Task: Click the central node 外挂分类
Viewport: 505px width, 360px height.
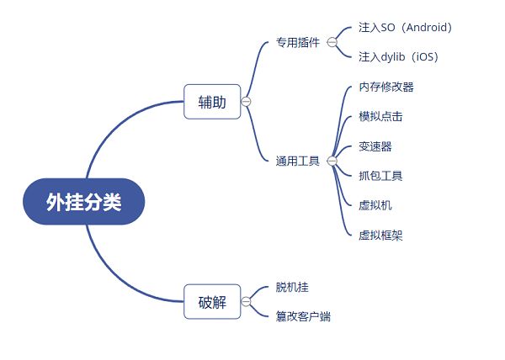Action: [83, 201]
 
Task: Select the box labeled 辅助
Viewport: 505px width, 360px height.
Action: [212, 102]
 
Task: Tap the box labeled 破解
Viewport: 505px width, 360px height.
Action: [212, 302]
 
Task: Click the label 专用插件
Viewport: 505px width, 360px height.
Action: [298, 42]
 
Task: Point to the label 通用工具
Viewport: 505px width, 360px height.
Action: [298, 160]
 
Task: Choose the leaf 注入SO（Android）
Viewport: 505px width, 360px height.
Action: [406, 28]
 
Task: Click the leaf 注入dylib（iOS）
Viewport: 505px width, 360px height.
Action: [398, 57]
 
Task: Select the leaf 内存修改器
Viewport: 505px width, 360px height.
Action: [386, 87]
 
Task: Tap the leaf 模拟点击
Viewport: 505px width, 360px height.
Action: [380, 116]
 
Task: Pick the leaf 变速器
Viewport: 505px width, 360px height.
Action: [375, 146]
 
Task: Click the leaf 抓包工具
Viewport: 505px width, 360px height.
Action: [380, 176]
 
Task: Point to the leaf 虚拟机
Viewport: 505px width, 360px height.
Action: [375, 205]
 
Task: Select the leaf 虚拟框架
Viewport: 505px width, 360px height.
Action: [380, 236]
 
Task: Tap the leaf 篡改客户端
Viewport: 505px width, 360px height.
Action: [303, 317]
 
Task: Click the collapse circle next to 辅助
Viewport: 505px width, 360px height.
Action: [246, 102]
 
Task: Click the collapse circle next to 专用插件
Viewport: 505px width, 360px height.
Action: [332, 42]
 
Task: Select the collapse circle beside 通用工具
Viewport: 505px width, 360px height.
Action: [332, 160]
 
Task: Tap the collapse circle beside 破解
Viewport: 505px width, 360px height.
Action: [246, 302]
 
